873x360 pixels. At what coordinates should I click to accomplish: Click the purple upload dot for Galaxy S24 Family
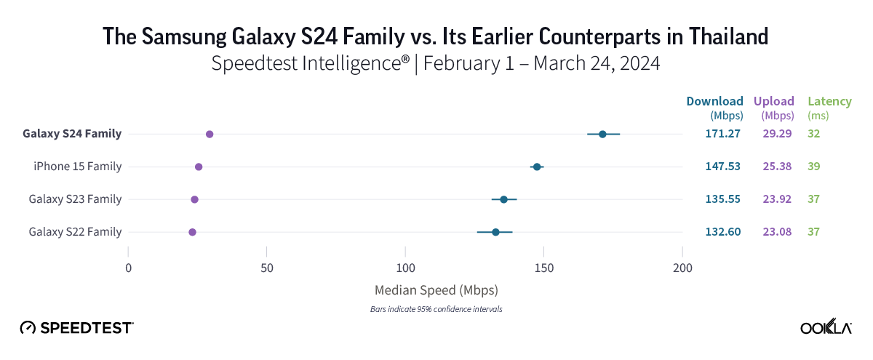click(210, 135)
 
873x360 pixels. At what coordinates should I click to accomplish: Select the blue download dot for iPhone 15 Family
click(537, 167)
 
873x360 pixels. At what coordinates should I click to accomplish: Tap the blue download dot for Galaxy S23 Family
click(503, 199)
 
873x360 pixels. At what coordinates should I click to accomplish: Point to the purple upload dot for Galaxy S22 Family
click(192, 232)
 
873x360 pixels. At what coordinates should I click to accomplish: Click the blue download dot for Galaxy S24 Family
click(602, 135)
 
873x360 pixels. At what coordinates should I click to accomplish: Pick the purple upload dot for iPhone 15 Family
click(199, 167)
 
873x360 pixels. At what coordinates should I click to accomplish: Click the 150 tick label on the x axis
click(544, 268)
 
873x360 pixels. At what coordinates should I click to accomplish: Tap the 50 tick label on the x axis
click(267, 268)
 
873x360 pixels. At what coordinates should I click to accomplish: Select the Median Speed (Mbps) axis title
click(436, 290)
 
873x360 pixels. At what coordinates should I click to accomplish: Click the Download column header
click(715, 101)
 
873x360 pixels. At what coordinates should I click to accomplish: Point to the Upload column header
click(773, 101)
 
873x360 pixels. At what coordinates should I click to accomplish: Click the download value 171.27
click(722, 134)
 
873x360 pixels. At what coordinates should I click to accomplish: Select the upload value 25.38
click(778, 167)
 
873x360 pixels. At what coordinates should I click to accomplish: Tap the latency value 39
click(813, 167)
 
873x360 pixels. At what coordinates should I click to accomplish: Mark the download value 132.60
click(722, 232)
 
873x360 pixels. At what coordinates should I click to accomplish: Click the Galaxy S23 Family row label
click(75, 199)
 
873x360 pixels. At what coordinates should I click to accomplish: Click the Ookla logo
click(826, 327)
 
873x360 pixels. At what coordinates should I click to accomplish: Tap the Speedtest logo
click(76, 327)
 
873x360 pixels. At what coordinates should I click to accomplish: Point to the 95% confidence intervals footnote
click(436, 309)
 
